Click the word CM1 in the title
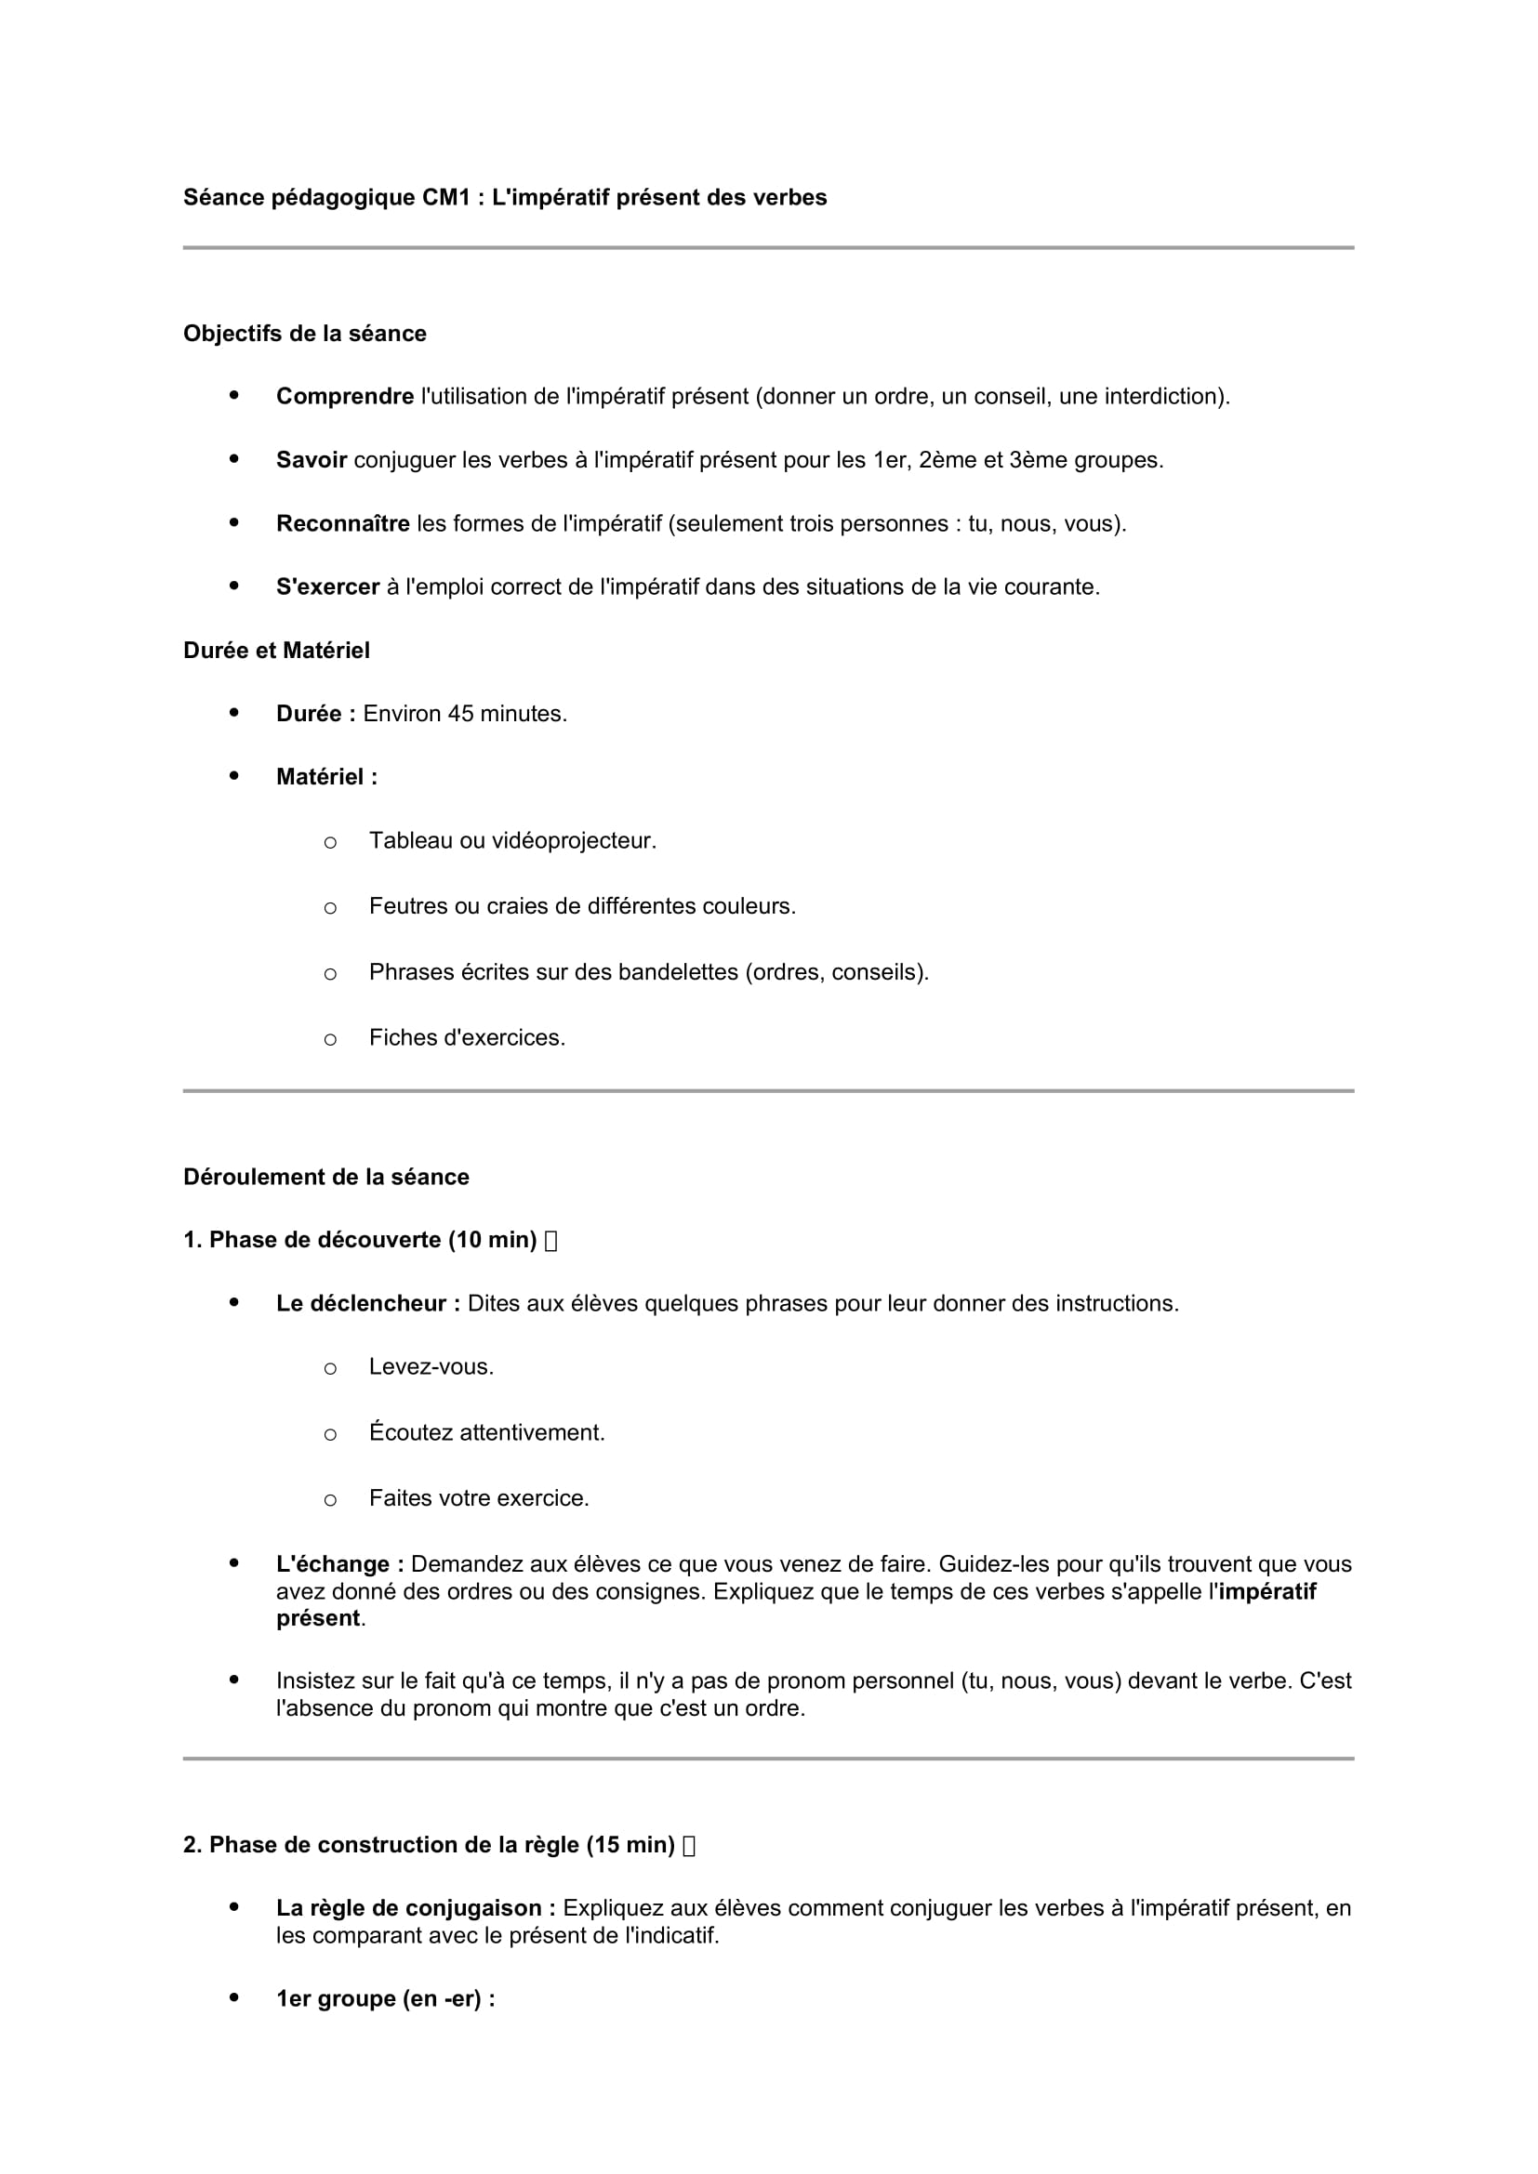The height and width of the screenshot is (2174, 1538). pyautogui.click(x=446, y=197)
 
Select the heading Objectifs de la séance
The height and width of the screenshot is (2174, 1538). pyautogui.click(x=305, y=334)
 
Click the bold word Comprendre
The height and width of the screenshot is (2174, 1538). pyautogui.click(x=345, y=397)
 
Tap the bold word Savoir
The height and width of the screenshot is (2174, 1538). pyautogui.click(x=312, y=460)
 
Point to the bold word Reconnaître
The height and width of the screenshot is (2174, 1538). pyautogui.click(x=343, y=523)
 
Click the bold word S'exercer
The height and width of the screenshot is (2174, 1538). pyautogui.click(x=327, y=587)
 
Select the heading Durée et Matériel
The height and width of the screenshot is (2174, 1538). pyautogui.click(x=276, y=651)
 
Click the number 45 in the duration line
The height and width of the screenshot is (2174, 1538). pyautogui.click(x=460, y=714)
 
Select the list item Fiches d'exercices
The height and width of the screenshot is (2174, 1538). pyautogui.click(x=467, y=1038)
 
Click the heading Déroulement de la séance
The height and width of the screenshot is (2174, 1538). pyautogui.click(x=326, y=1177)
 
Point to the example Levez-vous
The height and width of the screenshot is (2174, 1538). pyautogui.click(x=431, y=1367)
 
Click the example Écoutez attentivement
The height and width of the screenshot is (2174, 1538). pyautogui.click(x=486, y=1432)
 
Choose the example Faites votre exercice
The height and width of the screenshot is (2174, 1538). pyautogui.click(x=479, y=1498)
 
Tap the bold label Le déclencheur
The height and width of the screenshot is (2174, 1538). pyautogui.click(x=367, y=1304)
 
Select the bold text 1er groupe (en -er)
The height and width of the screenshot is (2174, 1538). pyautogui.click(x=385, y=1999)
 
